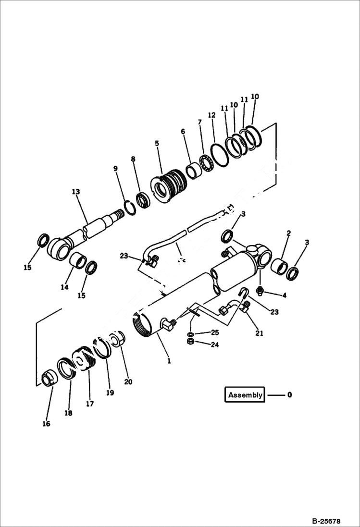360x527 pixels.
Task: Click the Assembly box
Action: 245,395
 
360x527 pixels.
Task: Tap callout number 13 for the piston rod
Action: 75,192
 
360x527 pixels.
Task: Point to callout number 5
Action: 157,143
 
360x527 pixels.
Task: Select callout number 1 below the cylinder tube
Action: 169,360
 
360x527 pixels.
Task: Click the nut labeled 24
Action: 190,342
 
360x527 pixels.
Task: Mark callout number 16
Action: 47,424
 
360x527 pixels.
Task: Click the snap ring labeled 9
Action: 128,208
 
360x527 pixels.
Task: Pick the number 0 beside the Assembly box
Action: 289,395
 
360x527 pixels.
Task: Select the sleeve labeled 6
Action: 194,171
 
